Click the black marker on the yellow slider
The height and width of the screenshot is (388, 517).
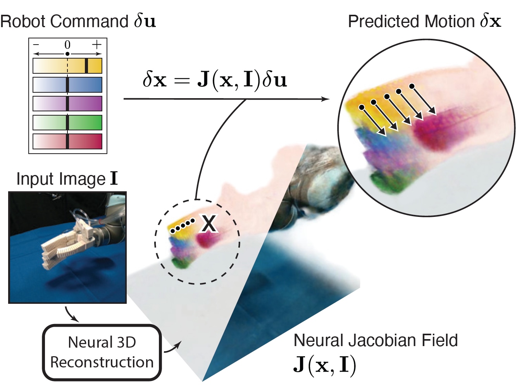click(x=86, y=66)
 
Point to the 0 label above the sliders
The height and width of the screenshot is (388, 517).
click(x=67, y=45)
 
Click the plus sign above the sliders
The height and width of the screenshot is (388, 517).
click(x=97, y=45)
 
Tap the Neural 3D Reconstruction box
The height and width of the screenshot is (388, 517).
click(x=102, y=352)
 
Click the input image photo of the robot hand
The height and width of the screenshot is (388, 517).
click(x=67, y=247)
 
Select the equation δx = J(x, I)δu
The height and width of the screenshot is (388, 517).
click(x=215, y=80)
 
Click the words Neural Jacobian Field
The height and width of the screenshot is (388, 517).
click(x=376, y=340)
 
